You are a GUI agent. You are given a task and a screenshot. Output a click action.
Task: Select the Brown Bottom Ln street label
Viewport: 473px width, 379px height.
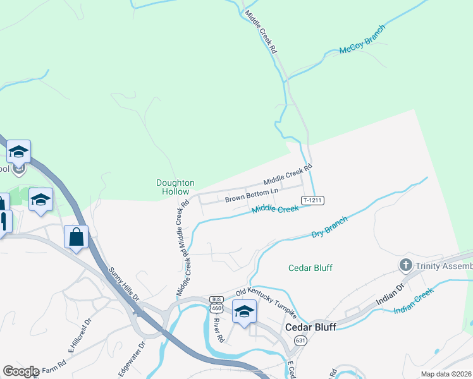(x=252, y=195)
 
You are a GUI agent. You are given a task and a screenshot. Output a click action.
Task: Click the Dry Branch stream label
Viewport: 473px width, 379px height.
(x=329, y=227)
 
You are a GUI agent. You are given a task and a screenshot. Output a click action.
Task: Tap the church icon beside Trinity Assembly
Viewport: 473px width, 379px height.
(x=405, y=264)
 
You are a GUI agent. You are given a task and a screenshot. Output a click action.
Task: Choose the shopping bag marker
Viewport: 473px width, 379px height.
(x=77, y=238)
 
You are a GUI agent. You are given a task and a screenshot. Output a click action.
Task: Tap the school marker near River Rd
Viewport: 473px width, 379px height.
(x=243, y=311)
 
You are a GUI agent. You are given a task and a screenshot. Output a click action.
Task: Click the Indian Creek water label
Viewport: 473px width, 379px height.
(x=414, y=301)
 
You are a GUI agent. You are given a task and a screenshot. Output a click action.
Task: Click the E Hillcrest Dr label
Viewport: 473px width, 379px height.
(x=80, y=334)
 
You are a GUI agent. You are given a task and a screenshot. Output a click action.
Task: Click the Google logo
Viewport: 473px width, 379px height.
(x=21, y=371)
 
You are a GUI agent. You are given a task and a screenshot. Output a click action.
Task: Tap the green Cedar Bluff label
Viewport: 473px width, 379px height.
(x=310, y=267)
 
